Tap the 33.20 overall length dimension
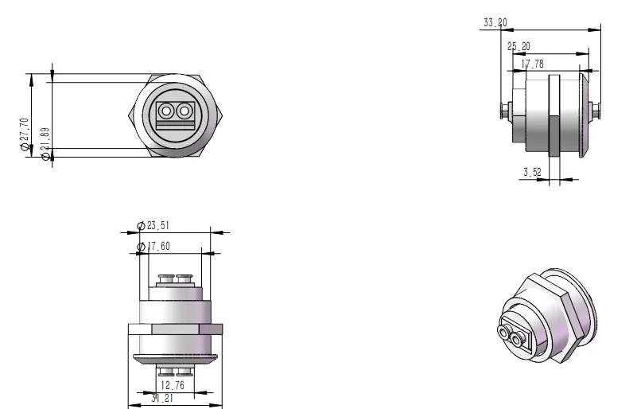click(494, 23)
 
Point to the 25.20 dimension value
click(519, 47)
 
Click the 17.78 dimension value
click(533, 64)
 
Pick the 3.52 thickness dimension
click(533, 171)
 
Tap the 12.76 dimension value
click(173, 385)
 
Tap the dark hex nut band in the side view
click(553, 115)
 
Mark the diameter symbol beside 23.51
click(142, 225)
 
